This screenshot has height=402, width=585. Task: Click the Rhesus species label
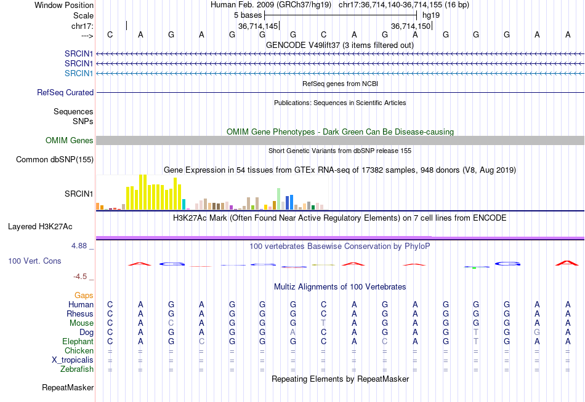coord(80,313)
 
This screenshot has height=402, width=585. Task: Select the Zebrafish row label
coord(77,369)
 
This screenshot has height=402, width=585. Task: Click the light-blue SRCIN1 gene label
coord(79,73)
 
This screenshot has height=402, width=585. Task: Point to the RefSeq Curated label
coord(65,92)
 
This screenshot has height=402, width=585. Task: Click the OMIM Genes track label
coord(70,140)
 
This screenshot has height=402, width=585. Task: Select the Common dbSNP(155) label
coord(55,159)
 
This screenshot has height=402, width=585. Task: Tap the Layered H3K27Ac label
coord(40,226)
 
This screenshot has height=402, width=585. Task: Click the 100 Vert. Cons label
coord(34,261)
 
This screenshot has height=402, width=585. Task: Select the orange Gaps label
coord(84,295)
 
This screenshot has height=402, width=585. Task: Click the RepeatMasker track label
coord(68,388)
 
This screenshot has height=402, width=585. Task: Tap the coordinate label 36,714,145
coord(258,26)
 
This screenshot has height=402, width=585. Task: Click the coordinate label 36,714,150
coord(411,26)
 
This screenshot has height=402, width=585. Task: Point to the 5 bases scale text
coord(249,15)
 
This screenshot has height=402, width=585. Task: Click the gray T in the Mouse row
coord(323,323)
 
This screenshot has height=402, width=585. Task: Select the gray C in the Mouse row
coord(171,323)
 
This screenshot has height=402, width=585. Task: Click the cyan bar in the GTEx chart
coord(184,204)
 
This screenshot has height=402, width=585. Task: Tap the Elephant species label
coord(78,341)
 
